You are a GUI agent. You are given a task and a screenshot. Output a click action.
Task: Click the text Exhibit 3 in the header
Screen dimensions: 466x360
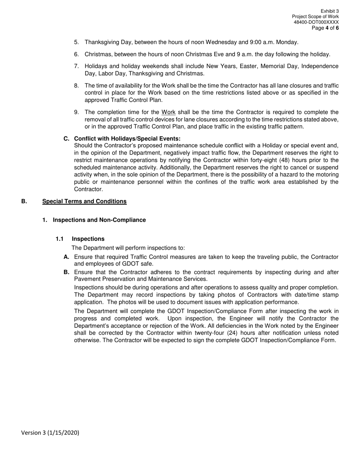pos(329,11)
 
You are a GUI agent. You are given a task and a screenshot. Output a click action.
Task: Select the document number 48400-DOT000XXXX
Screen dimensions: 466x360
pos(316,22)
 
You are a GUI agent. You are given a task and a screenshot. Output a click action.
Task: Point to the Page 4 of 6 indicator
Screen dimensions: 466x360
pos(325,28)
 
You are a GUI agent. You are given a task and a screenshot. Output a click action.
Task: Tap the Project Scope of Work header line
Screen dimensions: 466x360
pos(315,17)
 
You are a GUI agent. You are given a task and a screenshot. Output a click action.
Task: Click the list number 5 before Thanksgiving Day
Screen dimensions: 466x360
pos(76,42)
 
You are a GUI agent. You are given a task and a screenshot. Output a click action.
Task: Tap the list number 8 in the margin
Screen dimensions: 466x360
pos(76,86)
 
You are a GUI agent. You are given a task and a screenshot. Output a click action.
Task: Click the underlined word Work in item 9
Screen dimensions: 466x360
pos(168,112)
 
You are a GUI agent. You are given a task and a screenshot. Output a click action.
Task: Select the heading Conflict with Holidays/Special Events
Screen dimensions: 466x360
pos(127,139)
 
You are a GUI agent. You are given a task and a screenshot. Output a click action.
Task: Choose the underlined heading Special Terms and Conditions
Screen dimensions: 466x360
pos(84,201)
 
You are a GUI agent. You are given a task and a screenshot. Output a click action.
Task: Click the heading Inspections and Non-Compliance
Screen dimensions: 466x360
pos(99,220)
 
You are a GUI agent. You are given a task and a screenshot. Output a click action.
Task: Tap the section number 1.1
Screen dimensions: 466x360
pos(59,239)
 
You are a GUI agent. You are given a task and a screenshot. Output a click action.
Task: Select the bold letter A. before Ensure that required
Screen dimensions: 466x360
pos(66,257)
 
